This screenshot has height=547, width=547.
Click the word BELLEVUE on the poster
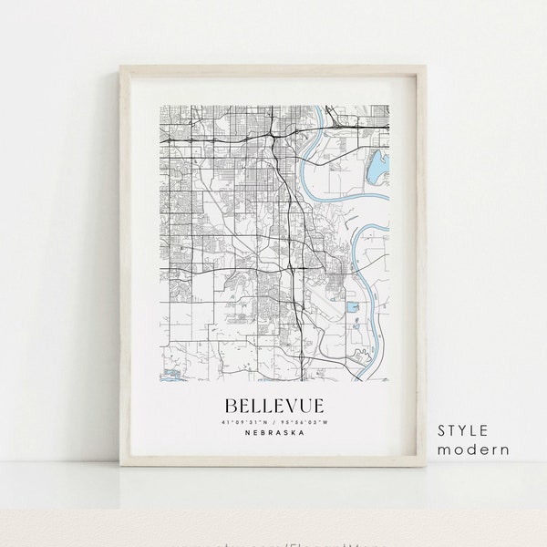click(x=270, y=401)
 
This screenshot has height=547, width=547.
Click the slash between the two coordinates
click(x=270, y=421)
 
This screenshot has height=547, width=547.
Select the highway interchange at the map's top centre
click(x=273, y=134)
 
